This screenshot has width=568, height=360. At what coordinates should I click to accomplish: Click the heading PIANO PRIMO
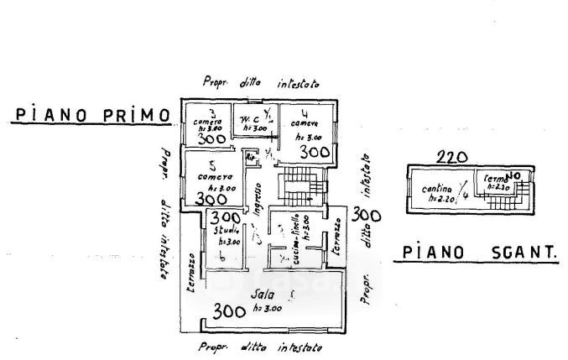tap(90, 115)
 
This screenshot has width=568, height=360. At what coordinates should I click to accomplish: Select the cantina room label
tap(438, 188)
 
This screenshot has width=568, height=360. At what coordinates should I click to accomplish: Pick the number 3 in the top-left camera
tap(212, 112)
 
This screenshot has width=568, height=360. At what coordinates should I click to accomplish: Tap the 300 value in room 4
tap(314, 152)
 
